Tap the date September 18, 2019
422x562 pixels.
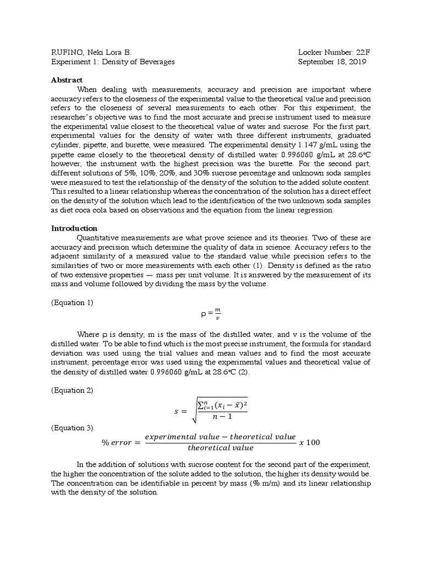pos(332,61)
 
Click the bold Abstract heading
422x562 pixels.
pos(66,80)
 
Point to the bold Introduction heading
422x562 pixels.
pos(74,228)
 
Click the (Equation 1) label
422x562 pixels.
pos(73,302)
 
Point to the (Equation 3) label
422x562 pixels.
pos(73,428)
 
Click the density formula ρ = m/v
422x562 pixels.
pos(211,315)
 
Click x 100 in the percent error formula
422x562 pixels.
pos(311,442)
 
